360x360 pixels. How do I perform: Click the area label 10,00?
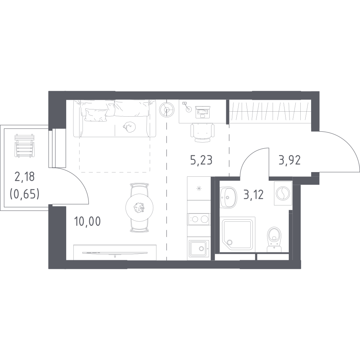pos(87,221)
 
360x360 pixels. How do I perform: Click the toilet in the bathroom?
pos(274,239)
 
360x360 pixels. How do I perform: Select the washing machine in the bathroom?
pos(283,193)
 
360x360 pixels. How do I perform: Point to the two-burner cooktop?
pos(199,219)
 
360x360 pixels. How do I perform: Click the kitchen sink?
pos(199,248)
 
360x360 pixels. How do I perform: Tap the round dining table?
pos(140,208)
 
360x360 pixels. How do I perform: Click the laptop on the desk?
pos(202,112)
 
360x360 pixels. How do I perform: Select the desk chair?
pos(202,132)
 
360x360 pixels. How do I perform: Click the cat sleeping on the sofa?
pos(129,127)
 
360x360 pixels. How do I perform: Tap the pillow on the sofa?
pos(96,114)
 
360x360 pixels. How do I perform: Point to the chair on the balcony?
pos(24,146)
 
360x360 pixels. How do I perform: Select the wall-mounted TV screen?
pos(115,253)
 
